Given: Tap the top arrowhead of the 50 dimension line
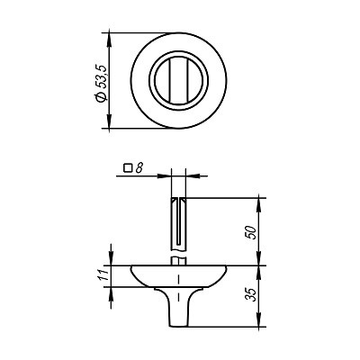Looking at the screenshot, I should [x=262, y=200].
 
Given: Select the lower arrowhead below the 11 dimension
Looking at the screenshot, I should [x=112, y=290].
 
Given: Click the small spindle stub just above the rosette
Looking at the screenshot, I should [x=179, y=258].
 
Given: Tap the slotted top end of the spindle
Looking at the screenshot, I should [x=179, y=199].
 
